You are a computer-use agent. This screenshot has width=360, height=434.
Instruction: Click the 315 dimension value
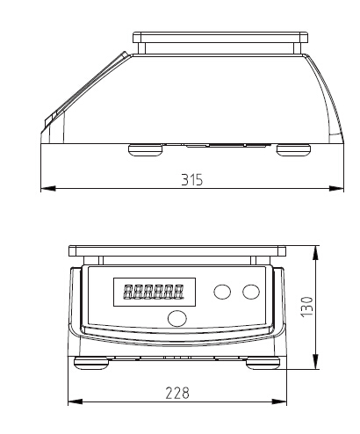(x=191, y=179)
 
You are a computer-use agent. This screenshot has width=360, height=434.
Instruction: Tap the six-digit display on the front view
(x=147, y=291)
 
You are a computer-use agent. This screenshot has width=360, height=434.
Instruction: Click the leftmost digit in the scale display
(x=128, y=291)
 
